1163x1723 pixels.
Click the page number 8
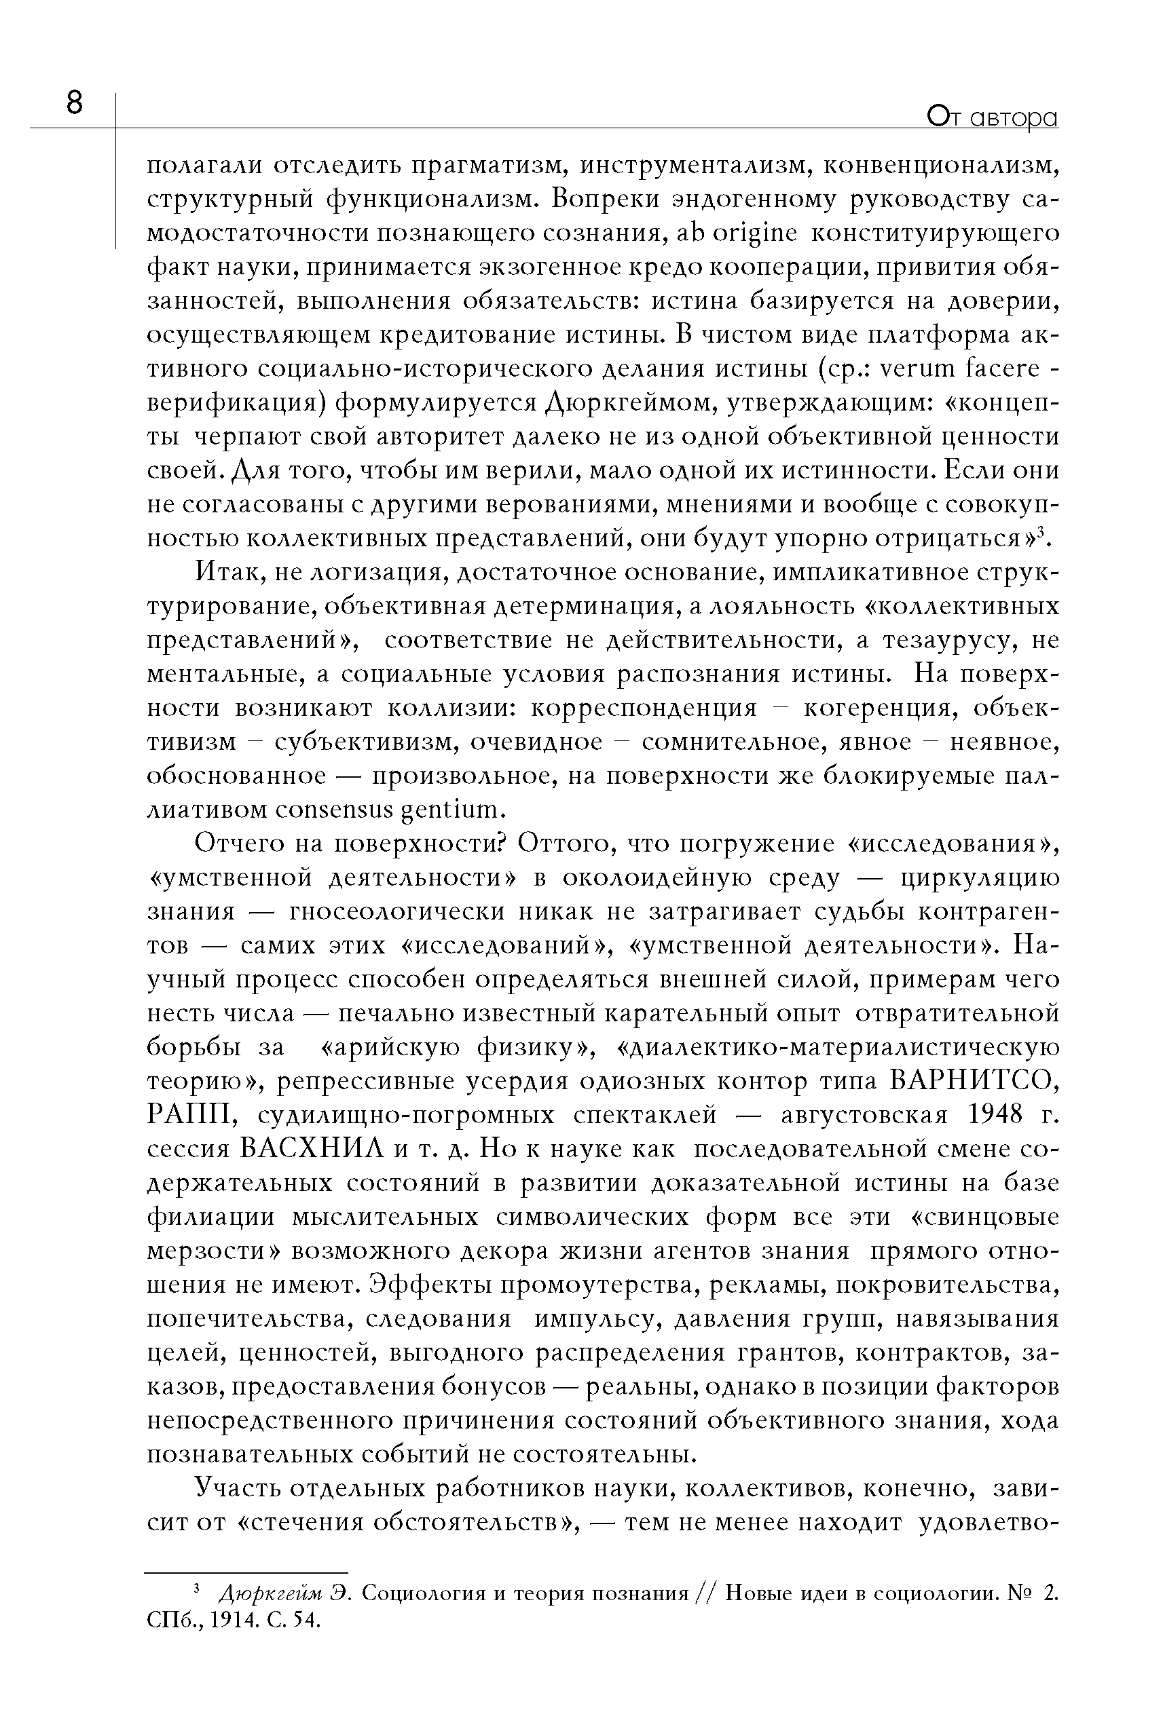74,103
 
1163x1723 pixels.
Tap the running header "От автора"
993,118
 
